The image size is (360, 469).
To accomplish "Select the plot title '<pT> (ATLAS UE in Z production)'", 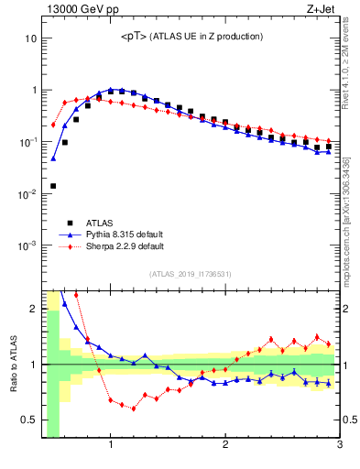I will [x=191, y=37].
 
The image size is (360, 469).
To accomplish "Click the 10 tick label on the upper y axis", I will [x=30, y=39].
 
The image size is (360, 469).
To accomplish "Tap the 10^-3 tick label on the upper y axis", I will [x=27, y=246].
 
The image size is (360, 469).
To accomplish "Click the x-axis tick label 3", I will [x=339, y=446].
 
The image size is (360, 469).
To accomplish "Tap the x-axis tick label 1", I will [x=111, y=446].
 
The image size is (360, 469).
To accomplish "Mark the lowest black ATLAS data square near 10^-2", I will [x=53, y=186].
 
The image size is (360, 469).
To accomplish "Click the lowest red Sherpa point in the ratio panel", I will [x=134, y=409].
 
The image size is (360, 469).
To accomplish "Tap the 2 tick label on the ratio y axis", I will [x=33, y=308].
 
